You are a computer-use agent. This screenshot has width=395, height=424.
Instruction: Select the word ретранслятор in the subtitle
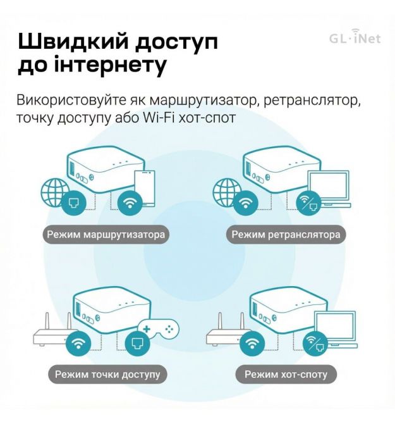tap(312, 101)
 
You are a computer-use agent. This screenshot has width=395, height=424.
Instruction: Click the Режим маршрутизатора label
tap(106, 234)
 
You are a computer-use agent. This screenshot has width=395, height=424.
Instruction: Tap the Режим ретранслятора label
tap(286, 234)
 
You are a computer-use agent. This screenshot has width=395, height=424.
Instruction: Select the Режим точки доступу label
tap(107, 374)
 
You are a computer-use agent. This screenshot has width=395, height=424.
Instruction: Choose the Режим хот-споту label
tap(286, 374)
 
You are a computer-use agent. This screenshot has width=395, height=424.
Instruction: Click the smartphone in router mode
tap(145, 187)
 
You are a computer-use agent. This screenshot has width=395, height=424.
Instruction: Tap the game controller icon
tap(159, 328)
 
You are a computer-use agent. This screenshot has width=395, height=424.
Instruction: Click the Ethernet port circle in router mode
tap(73, 203)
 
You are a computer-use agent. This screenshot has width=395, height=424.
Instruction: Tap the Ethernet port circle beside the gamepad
tap(137, 344)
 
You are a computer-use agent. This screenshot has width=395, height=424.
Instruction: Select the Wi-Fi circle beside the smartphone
tap(130, 203)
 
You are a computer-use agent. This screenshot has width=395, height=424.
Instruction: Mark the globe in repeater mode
tap(226, 192)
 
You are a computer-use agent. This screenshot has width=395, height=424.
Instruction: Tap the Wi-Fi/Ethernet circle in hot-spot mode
tap(315, 344)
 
